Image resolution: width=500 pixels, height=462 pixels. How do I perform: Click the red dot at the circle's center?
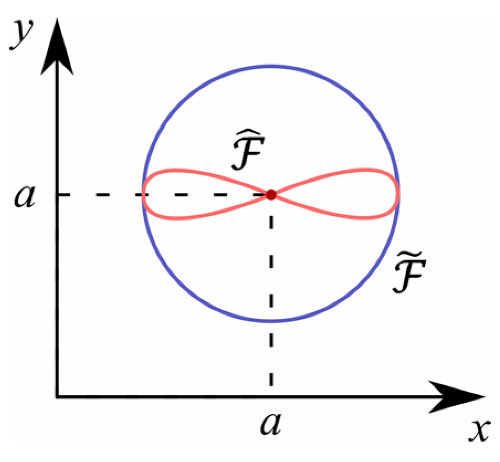coord(271,195)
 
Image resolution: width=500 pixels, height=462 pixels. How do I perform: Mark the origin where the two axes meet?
coord(56,396)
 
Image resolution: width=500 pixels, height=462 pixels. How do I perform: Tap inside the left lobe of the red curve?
coord(182,195)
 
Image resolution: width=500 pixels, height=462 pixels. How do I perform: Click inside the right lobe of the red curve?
coord(359,195)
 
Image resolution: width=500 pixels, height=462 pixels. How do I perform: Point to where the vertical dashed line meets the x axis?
coord(271,396)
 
